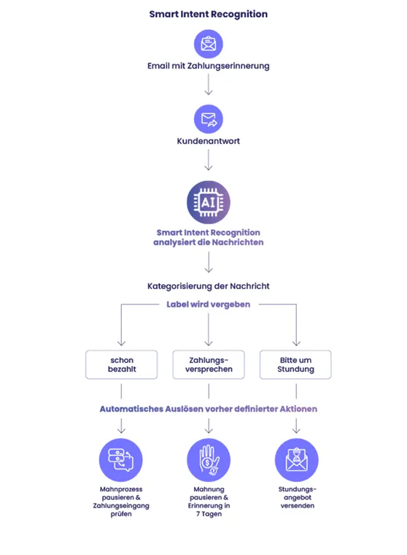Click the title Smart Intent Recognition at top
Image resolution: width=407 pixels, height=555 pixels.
[x=208, y=14]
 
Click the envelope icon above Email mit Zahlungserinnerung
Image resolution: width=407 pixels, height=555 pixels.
[x=209, y=44]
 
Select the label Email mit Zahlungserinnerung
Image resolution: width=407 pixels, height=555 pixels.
[x=209, y=66]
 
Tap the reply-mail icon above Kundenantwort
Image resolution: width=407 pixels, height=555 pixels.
[x=209, y=118]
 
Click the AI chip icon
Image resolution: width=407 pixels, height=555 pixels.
[x=209, y=202]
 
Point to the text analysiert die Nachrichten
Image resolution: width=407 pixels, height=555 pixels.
[x=209, y=242]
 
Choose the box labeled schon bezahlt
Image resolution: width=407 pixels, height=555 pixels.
[x=121, y=364]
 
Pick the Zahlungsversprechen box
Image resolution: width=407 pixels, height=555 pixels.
[x=209, y=364]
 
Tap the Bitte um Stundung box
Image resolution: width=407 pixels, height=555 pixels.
[x=295, y=364]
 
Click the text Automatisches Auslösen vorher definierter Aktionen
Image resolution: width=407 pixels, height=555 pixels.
[x=209, y=409]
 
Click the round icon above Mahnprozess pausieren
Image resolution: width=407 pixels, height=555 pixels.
[x=121, y=459]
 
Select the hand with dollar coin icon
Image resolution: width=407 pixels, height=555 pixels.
[x=209, y=459]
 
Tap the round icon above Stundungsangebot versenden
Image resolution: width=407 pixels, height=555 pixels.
[x=296, y=459]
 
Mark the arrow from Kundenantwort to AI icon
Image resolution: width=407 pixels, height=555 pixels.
[x=209, y=159]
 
